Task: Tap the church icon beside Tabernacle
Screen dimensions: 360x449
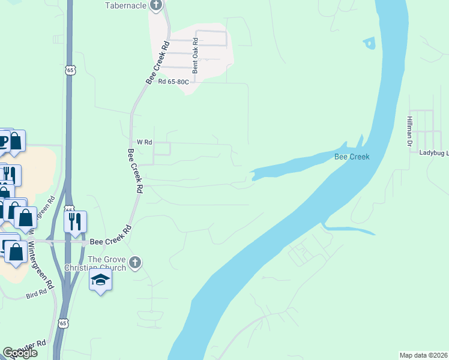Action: coord(157,6)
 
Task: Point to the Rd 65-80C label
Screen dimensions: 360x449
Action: coord(173,82)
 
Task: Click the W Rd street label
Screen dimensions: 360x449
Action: coord(145,142)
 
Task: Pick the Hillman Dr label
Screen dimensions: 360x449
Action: coord(409,132)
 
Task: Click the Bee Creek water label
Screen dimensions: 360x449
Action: coord(351,157)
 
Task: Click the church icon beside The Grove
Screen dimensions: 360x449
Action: coord(136,262)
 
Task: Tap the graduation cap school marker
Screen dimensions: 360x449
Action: coord(100,280)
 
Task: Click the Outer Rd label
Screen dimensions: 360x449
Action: coord(32,346)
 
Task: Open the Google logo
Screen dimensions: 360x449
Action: coord(20,353)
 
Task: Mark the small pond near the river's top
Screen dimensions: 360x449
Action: coord(369,43)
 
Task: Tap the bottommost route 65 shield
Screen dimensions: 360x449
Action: coord(63,323)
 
